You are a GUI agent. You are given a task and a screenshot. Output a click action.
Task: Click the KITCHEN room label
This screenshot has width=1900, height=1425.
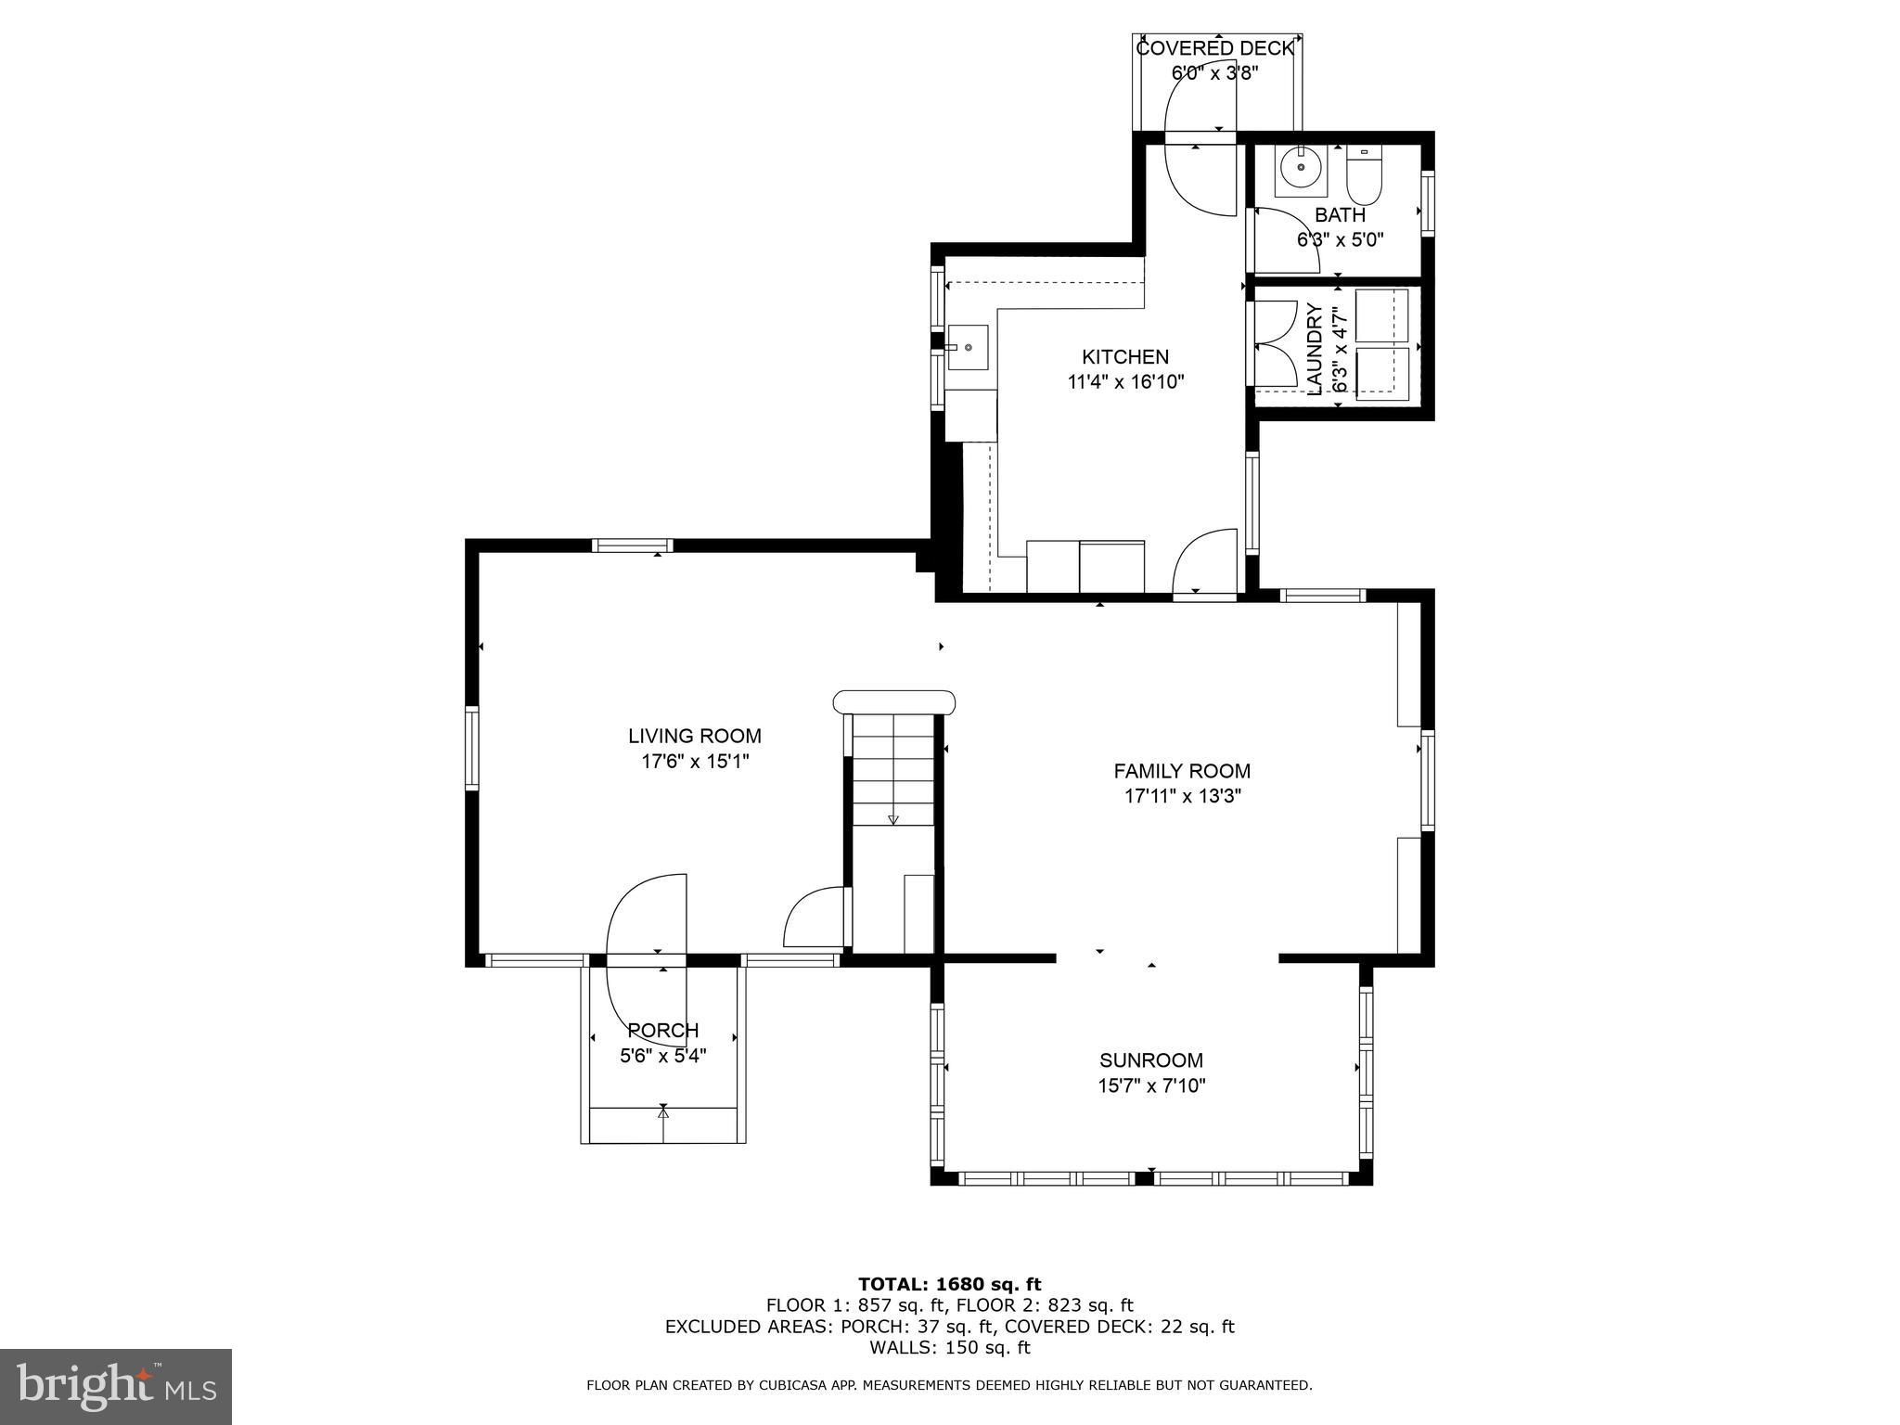[1124, 357]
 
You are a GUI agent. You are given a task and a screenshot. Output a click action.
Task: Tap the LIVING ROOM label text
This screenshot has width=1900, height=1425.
[694, 736]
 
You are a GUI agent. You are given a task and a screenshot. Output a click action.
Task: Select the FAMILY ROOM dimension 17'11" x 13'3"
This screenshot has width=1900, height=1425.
[1182, 795]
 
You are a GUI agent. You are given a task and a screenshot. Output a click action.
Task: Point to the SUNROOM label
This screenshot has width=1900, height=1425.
[1150, 1060]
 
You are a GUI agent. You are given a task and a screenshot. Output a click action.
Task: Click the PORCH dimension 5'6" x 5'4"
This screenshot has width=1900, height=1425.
[662, 1055]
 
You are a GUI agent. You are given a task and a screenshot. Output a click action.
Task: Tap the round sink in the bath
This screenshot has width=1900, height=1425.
[1301, 168]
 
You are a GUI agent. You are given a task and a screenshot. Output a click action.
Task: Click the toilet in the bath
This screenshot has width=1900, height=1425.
[1364, 179]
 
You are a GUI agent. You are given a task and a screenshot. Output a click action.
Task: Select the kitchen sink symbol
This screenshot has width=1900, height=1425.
[968, 347]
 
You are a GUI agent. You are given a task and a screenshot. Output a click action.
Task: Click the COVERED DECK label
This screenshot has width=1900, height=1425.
[1214, 48]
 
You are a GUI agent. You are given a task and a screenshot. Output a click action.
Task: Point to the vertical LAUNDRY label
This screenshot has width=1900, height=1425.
[1315, 349]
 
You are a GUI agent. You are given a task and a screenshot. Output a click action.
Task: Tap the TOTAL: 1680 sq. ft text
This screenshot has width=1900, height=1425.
[949, 1284]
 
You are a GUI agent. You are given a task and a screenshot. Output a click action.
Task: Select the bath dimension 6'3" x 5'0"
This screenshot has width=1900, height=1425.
[1340, 239]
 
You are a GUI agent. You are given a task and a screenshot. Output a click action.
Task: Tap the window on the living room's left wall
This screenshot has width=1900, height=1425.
[471, 748]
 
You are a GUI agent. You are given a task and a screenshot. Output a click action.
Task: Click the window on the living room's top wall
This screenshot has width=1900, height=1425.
[633, 545]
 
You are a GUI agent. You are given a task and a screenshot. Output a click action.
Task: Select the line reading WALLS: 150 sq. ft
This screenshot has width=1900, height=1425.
[949, 1347]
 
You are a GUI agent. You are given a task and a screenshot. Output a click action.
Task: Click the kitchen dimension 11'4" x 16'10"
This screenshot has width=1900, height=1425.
[1125, 381]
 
